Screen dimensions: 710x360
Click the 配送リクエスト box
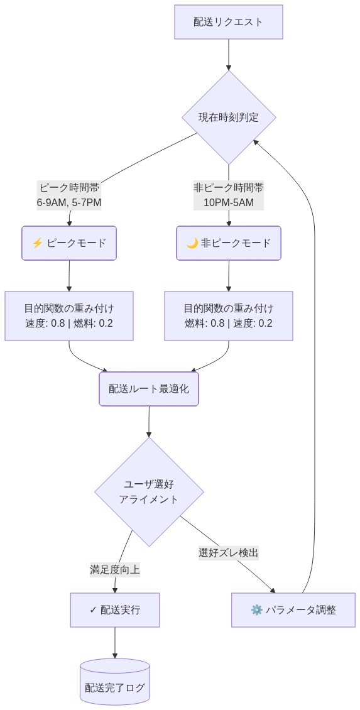(x=228, y=22)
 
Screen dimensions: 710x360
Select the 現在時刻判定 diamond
(x=228, y=117)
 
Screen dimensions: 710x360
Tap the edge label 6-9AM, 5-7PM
(x=69, y=202)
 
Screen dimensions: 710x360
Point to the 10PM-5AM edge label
(x=228, y=202)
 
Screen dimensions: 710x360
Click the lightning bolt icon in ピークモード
(x=37, y=243)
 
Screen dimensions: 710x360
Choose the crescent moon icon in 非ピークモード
(x=192, y=243)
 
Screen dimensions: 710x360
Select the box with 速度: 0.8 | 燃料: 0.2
(x=69, y=316)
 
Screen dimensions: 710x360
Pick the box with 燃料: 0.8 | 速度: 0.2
(x=228, y=316)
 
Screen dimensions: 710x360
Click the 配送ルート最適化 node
(x=149, y=389)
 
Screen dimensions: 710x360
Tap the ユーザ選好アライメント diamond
(x=149, y=491)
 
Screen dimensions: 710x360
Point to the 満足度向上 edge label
(x=115, y=570)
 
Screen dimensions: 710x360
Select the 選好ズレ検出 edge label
(x=229, y=553)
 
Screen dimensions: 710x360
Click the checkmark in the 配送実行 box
(x=93, y=609)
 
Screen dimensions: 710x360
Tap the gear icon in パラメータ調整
(x=256, y=609)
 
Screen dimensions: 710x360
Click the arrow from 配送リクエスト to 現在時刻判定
(x=228, y=55)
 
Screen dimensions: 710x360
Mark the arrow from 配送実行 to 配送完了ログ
(x=115, y=642)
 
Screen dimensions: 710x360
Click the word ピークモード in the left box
(x=77, y=243)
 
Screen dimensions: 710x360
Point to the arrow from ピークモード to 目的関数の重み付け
(x=69, y=275)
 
